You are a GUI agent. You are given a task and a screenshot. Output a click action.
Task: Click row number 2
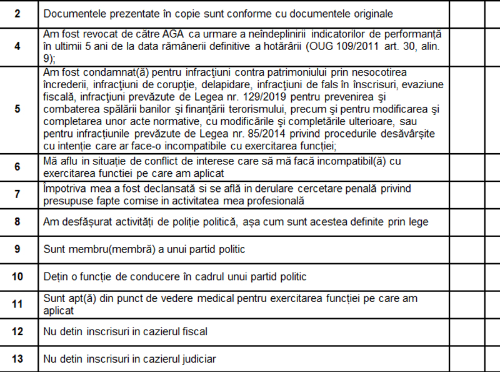pyautogui.click(x=17, y=13)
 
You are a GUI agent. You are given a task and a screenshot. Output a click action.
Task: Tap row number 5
pyautogui.click(x=17, y=109)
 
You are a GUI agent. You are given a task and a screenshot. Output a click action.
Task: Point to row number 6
pyautogui.click(x=17, y=167)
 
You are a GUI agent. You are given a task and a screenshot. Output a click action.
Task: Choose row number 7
pyautogui.click(x=17, y=194)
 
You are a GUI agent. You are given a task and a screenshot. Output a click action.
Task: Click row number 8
pyautogui.click(x=17, y=221)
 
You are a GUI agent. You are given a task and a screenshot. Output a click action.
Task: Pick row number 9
pyautogui.click(x=17, y=249)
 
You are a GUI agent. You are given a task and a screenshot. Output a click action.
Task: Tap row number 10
pyautogui.click(x=17, y=276)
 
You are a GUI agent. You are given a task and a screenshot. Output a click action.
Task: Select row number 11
pyautogui.click(x=17, y=304)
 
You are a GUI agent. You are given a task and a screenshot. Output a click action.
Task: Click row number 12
pyautogui.click(x=17, y=331)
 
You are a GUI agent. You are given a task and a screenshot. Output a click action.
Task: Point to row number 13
pyautogui.click(x=17, y=358)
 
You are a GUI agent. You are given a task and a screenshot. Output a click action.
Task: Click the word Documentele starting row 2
pyautogui.click(x=74, y=13)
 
